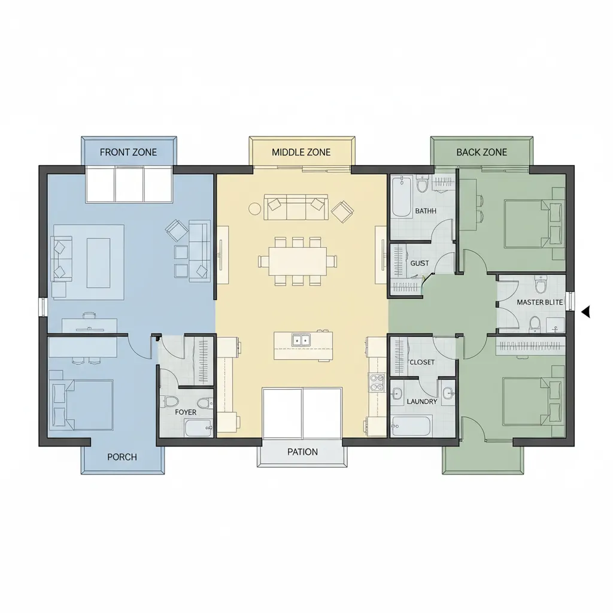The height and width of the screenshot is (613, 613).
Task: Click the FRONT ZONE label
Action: [x=128, y=152]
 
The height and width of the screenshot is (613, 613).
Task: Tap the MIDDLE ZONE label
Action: [x=301, y=152]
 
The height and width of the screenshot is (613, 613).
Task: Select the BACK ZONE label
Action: [x=482, y=152]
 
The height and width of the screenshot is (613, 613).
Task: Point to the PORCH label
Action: [x=122, y=457]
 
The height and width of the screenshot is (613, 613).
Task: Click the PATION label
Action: [x=302, y=452]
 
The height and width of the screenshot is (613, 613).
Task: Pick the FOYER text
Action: [x=186, y=412]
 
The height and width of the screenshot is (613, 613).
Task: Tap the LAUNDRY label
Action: [x=422, y=402]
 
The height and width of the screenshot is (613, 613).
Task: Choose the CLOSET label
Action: [x=422, y=362]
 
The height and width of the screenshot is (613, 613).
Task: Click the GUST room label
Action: [x=420, y=263]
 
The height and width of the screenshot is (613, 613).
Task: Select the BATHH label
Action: [x=426, y=211]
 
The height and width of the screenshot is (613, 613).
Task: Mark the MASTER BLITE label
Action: [x=540, y=302]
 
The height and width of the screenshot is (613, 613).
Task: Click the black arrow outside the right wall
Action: [x=585, y=312]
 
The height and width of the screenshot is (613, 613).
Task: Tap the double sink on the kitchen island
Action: [x=301, y=340]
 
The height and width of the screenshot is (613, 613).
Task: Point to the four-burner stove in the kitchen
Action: [x=377, y=383]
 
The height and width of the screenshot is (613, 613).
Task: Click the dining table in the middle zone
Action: [x=298, y=261]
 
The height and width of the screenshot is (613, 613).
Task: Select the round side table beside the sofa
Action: [x=254, y=208]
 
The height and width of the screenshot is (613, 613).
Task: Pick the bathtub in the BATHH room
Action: [x=402, y=196]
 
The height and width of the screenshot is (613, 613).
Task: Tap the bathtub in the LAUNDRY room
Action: [x=411, y=426]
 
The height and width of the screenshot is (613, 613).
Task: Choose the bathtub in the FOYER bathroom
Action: [x=199, y=428]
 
